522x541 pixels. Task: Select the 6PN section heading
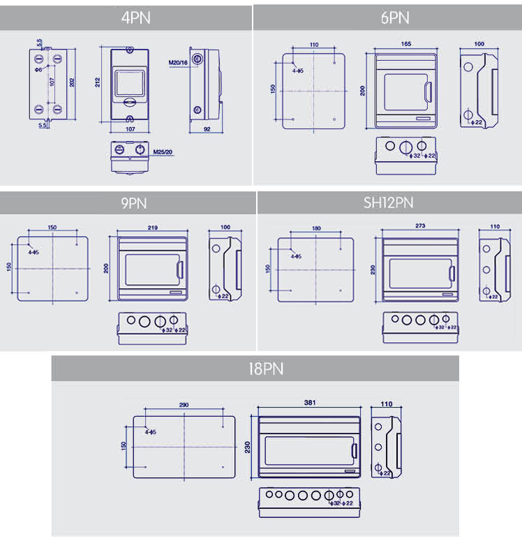coord(395,17)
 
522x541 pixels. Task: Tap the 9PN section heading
coord(128,203)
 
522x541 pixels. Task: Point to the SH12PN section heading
coord(389,203)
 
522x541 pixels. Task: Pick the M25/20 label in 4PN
coord(163,151)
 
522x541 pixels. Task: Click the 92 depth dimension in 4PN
coord(207,129)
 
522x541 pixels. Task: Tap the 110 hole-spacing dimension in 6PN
coord(314,45)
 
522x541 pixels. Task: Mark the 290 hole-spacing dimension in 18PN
coord(184,405)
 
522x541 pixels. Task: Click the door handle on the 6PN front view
coord(427,91)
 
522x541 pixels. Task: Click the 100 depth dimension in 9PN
coord(224,228)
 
